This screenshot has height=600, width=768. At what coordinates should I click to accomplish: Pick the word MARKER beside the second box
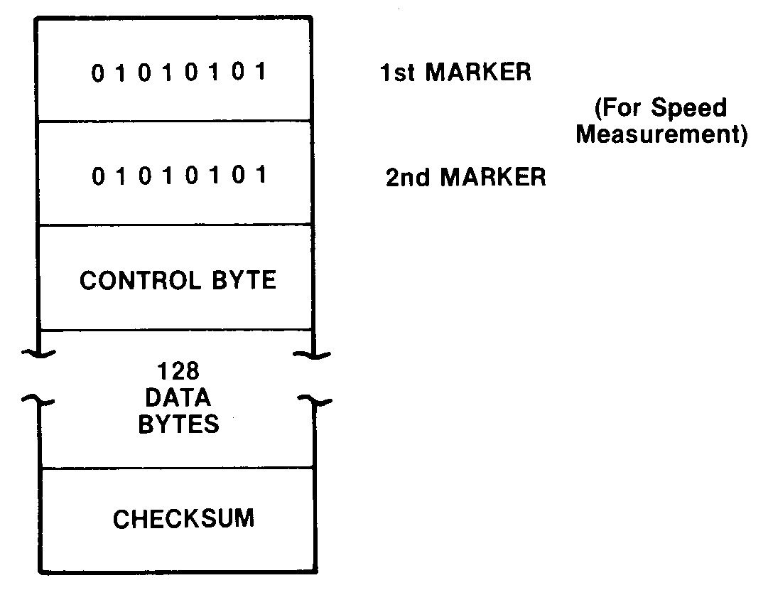pos(494,177)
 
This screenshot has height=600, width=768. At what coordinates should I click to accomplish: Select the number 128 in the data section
pos(178,370)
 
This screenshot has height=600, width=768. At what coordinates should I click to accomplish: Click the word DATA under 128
pos(178,397)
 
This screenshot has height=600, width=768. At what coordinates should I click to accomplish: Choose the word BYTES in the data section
pos(178,424)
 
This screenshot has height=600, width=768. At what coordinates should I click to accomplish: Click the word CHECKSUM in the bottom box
pos(183,518)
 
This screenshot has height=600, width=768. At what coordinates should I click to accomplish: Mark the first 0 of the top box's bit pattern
pos(97,73)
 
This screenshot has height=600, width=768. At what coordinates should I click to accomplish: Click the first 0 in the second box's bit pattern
pos(97,176)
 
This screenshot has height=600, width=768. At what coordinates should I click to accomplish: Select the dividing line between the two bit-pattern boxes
pos(175,122)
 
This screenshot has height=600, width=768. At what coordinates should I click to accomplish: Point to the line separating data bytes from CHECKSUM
pos(178,468)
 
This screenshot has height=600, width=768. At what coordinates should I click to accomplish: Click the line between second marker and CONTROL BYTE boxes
pos(175,225)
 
